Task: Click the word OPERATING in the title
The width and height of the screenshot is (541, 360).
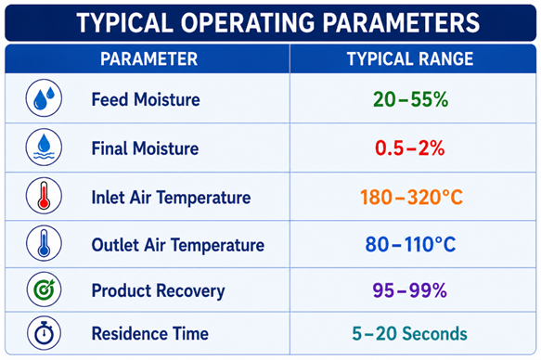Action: click(x=248, y=23)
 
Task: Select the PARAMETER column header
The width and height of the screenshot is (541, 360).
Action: click(x=149, y=58)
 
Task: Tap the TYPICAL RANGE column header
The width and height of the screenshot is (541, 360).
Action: click(x=410, y=58)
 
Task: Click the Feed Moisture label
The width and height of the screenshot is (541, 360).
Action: click(x=146, y=99)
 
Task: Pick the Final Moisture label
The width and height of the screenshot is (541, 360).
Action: click(x=145, y=148)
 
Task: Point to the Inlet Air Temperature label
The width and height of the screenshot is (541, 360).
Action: click(x=171, y=198)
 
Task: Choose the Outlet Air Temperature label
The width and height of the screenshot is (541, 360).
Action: click(x=178, y=245)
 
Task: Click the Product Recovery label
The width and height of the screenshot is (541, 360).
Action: click(x=158, y=290)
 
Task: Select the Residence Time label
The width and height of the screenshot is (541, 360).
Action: click(x=150, y=334)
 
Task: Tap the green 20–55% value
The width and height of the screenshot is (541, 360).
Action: click(x=410, y=99)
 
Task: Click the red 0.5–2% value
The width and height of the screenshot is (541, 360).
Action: click(x=410, y=148)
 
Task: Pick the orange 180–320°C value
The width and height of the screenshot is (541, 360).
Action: click(x=411, y=198)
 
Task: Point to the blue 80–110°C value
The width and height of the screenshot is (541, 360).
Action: click(x=410, y=244)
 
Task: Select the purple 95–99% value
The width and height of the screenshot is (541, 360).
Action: click(x=410, y=290)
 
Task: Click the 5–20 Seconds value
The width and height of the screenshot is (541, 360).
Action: click(x=409, y=333)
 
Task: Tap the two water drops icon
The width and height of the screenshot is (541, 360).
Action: click(x=44, y=98)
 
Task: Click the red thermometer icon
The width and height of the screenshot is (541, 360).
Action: click(x=44, y=196)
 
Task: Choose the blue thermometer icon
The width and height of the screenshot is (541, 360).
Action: click(x=44, y=243)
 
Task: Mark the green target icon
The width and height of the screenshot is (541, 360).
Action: click(x=44, y=289)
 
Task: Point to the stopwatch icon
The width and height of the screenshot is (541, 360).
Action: click(x=44, y=333)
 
